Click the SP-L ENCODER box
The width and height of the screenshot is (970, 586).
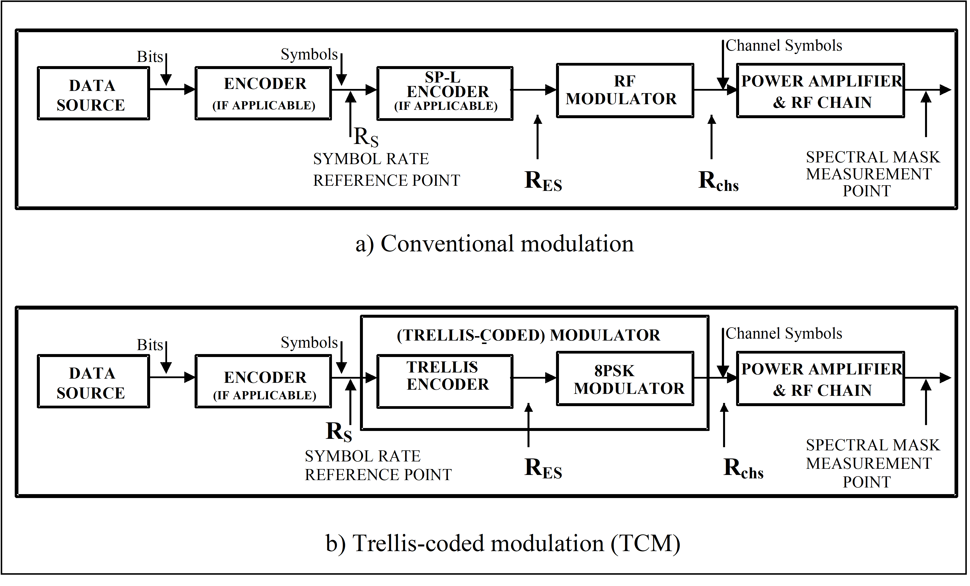click(x=445, y=93)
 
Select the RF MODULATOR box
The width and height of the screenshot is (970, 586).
click(x=625, y=90)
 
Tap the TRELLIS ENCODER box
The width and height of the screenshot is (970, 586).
click(x=445, y=381)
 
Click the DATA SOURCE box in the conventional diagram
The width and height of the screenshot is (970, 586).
click(x=93, y=94)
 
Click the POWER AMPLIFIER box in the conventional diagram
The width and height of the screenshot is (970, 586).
click(x=821, y=90)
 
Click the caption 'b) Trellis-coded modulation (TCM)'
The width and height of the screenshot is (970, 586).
click(x=503, y=543)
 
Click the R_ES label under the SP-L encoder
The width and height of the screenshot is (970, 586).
click(x=543, y=181)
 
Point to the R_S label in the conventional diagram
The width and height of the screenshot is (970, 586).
click(x=366, y=137)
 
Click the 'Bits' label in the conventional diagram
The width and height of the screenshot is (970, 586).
click(x=150, y=57)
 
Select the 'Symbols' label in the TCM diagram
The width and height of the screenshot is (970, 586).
click(x=309, y=343)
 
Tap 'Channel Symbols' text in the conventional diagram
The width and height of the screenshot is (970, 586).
click(x=784, y=46)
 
